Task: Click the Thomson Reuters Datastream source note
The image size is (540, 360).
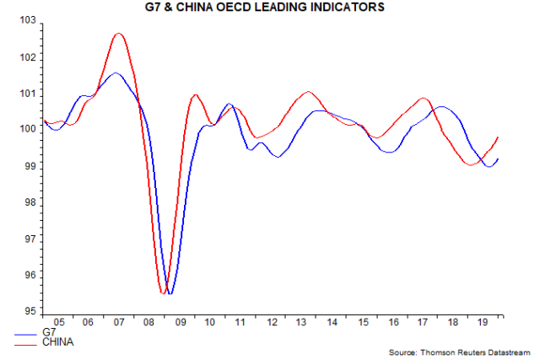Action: click(x=461, y=350)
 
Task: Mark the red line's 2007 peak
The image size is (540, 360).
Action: click(x=118, y=34)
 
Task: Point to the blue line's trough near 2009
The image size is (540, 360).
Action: click(x=170, y=293)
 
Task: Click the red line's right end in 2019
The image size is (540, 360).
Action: click(x=499, y=137)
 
